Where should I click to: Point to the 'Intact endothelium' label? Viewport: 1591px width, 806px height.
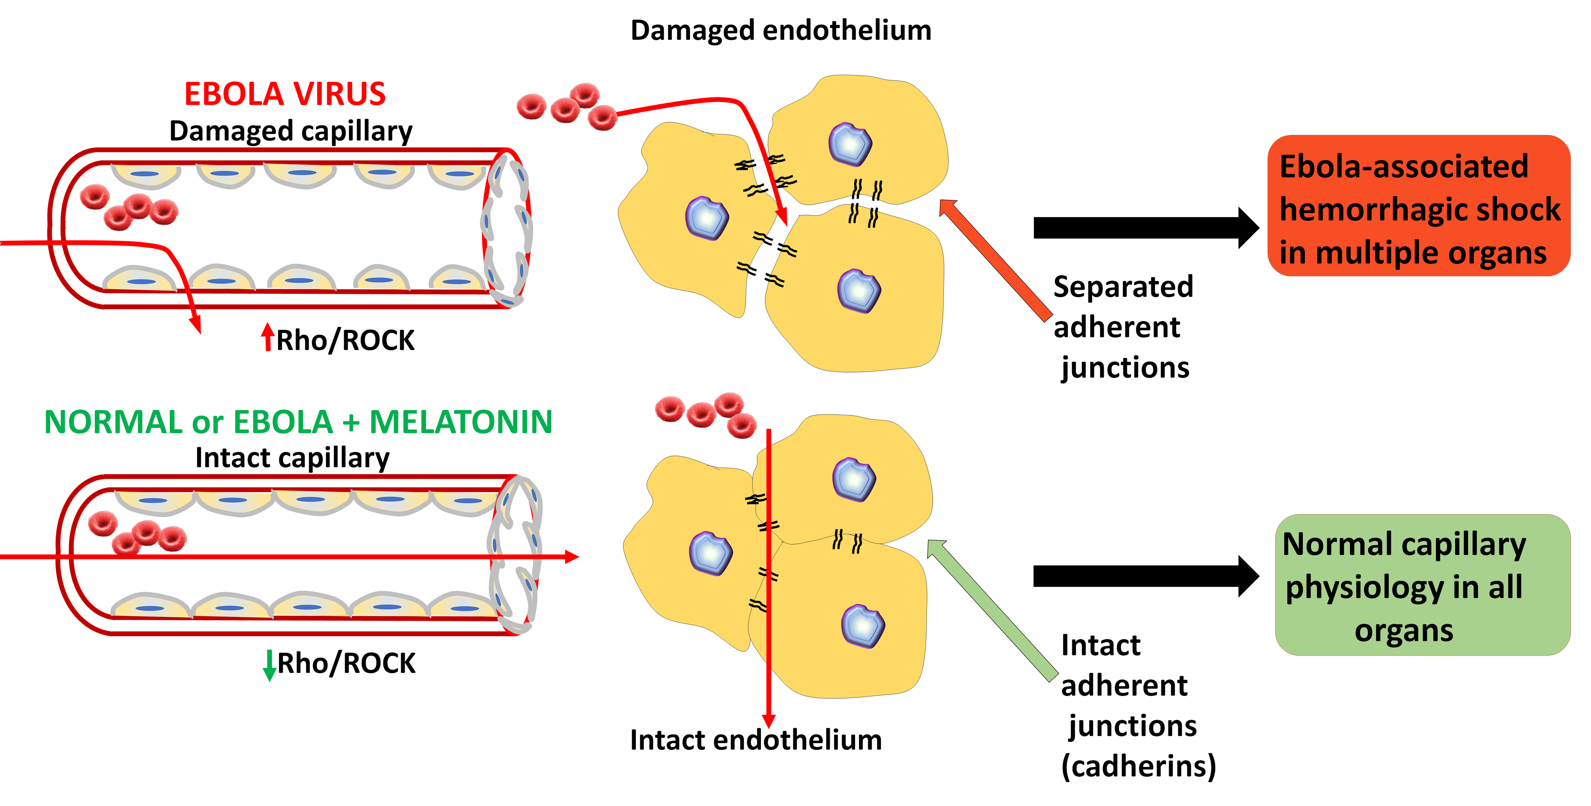click(x=756, y=740)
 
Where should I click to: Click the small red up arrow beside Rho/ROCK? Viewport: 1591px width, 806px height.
click(x=267, y=337)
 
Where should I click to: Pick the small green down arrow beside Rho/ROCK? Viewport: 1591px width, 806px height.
click(x=269, y=665)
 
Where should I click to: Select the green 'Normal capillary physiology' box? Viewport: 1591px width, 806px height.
click(x=1422, y=585)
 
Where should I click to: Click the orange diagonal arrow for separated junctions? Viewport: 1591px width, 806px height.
click(x=994, y=260)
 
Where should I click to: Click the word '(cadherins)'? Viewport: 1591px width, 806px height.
click(x=1138, y=766)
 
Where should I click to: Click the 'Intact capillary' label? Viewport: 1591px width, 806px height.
click(x=292, y=458)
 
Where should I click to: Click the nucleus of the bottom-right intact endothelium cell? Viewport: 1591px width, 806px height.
click(x=863, y=626)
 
